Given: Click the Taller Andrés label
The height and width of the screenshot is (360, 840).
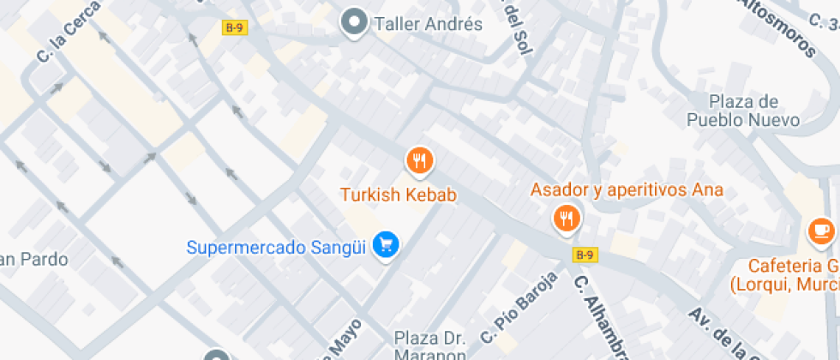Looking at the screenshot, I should pyautogui.click(x=429, y=24).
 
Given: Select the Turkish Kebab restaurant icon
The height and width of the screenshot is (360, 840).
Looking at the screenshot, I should pyautogui.click(x=419, y=159).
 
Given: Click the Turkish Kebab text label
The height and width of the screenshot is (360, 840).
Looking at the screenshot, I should pyautogui.click(x=399, y=195).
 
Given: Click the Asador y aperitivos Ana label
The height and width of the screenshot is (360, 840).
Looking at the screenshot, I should pyautogui.click(x=627, y=189).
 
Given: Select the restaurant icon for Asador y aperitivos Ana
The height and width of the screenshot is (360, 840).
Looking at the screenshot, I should pyautogui.click(x=566, y=218).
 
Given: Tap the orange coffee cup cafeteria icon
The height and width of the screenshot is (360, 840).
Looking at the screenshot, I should pyautogui.click(x=820, y=230).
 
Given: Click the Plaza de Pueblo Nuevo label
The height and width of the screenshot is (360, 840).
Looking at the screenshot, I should pyautogui.click(x=743, y=111).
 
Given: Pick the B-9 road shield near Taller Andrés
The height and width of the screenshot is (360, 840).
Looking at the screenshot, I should pyautogui.click(x=234, y=27).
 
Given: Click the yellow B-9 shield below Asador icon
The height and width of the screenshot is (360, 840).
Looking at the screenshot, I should pyautogui.click(x=585, y=255).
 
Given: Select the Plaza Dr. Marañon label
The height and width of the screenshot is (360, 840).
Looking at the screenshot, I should pyautogui.click(x=430, y=346).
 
